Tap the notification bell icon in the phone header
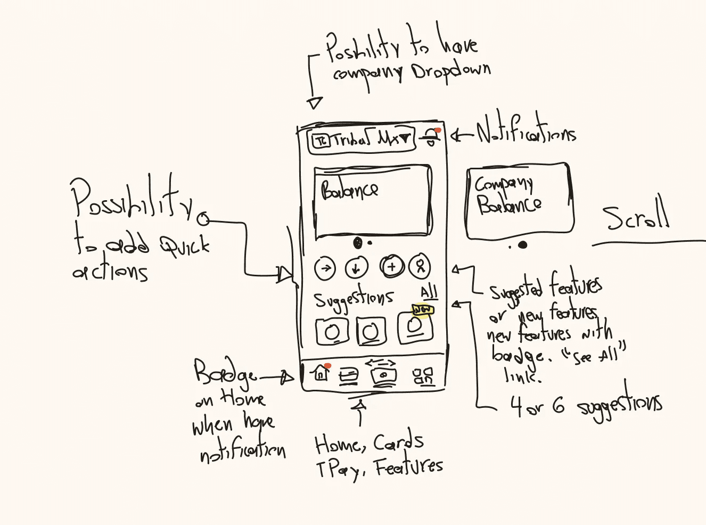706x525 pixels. coord(431,139)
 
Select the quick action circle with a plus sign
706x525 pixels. coord(392,266)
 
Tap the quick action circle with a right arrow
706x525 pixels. coord(325,268)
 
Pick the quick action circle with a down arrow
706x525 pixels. coord(356,268)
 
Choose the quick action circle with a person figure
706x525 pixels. coord(420,266)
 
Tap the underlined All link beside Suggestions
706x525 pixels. coord(429,292)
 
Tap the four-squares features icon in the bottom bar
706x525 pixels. coord(423,376)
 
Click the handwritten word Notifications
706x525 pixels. coord(526,132)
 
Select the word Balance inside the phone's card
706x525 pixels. coord(349,190)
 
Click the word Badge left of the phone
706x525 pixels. coord(225,373)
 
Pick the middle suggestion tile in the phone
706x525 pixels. coord(371,331)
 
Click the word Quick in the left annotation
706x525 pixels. coord(185,246)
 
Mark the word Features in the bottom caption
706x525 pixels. coord(408,467)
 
